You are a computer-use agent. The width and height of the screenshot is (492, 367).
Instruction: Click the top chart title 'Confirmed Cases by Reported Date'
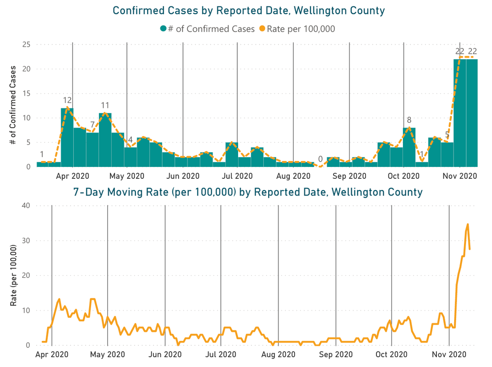(248, 10)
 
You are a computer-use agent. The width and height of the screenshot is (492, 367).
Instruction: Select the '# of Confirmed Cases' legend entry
(207, 29)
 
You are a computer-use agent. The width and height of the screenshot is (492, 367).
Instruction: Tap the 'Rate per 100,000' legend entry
(297, 29)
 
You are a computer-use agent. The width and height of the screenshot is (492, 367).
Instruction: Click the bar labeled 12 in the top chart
(67, 137)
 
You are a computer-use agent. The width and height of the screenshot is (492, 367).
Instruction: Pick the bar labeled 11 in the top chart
(105, 140)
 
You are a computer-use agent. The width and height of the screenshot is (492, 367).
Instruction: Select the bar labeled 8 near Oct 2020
(409, 147)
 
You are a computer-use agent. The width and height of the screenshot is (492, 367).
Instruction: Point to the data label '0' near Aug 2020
(320, 159)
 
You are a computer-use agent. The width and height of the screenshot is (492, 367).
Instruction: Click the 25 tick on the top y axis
(26, 45)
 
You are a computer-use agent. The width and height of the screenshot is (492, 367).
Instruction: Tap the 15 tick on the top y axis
(26, 94)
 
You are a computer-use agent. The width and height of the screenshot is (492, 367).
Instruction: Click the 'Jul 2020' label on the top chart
(237, 175)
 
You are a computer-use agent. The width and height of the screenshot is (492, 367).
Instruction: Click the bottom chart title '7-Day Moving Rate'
(248, 192)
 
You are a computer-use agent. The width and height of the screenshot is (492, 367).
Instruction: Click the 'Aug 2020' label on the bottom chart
(278, 354)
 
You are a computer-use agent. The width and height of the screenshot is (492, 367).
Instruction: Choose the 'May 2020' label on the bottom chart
(107, 354)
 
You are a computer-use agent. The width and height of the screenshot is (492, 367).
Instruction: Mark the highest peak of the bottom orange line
(467, 224)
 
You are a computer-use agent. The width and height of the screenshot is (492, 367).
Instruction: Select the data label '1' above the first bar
(42, 154)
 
